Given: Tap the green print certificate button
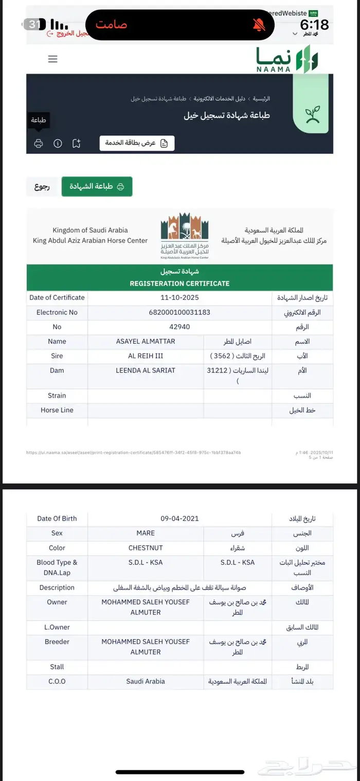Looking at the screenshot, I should [97, 186].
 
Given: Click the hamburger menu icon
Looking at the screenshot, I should [52, 59].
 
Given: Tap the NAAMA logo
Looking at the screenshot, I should [287, 59].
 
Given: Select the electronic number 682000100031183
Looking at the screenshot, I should [179, 312].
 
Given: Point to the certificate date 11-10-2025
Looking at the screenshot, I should [179, 297].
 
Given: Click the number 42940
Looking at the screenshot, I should [179, 327].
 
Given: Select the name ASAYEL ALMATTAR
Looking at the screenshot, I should [146, 342].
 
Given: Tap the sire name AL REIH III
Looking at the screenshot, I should [146, 356].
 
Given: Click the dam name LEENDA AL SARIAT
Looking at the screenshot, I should [146, 370].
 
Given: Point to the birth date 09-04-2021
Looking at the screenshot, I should [179, 519].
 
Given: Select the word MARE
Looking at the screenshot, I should [146, 534].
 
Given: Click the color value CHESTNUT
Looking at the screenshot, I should [146, 548].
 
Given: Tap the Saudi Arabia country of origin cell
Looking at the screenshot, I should [146, 681].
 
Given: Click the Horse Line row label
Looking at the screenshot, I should [57, 410].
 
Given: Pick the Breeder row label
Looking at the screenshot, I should [57, 642].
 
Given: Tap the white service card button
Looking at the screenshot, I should [137, 143].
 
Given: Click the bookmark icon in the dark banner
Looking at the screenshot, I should [76, 144].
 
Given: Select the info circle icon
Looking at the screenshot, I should [58, 144].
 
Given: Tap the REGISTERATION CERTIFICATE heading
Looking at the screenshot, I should [179, 283].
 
